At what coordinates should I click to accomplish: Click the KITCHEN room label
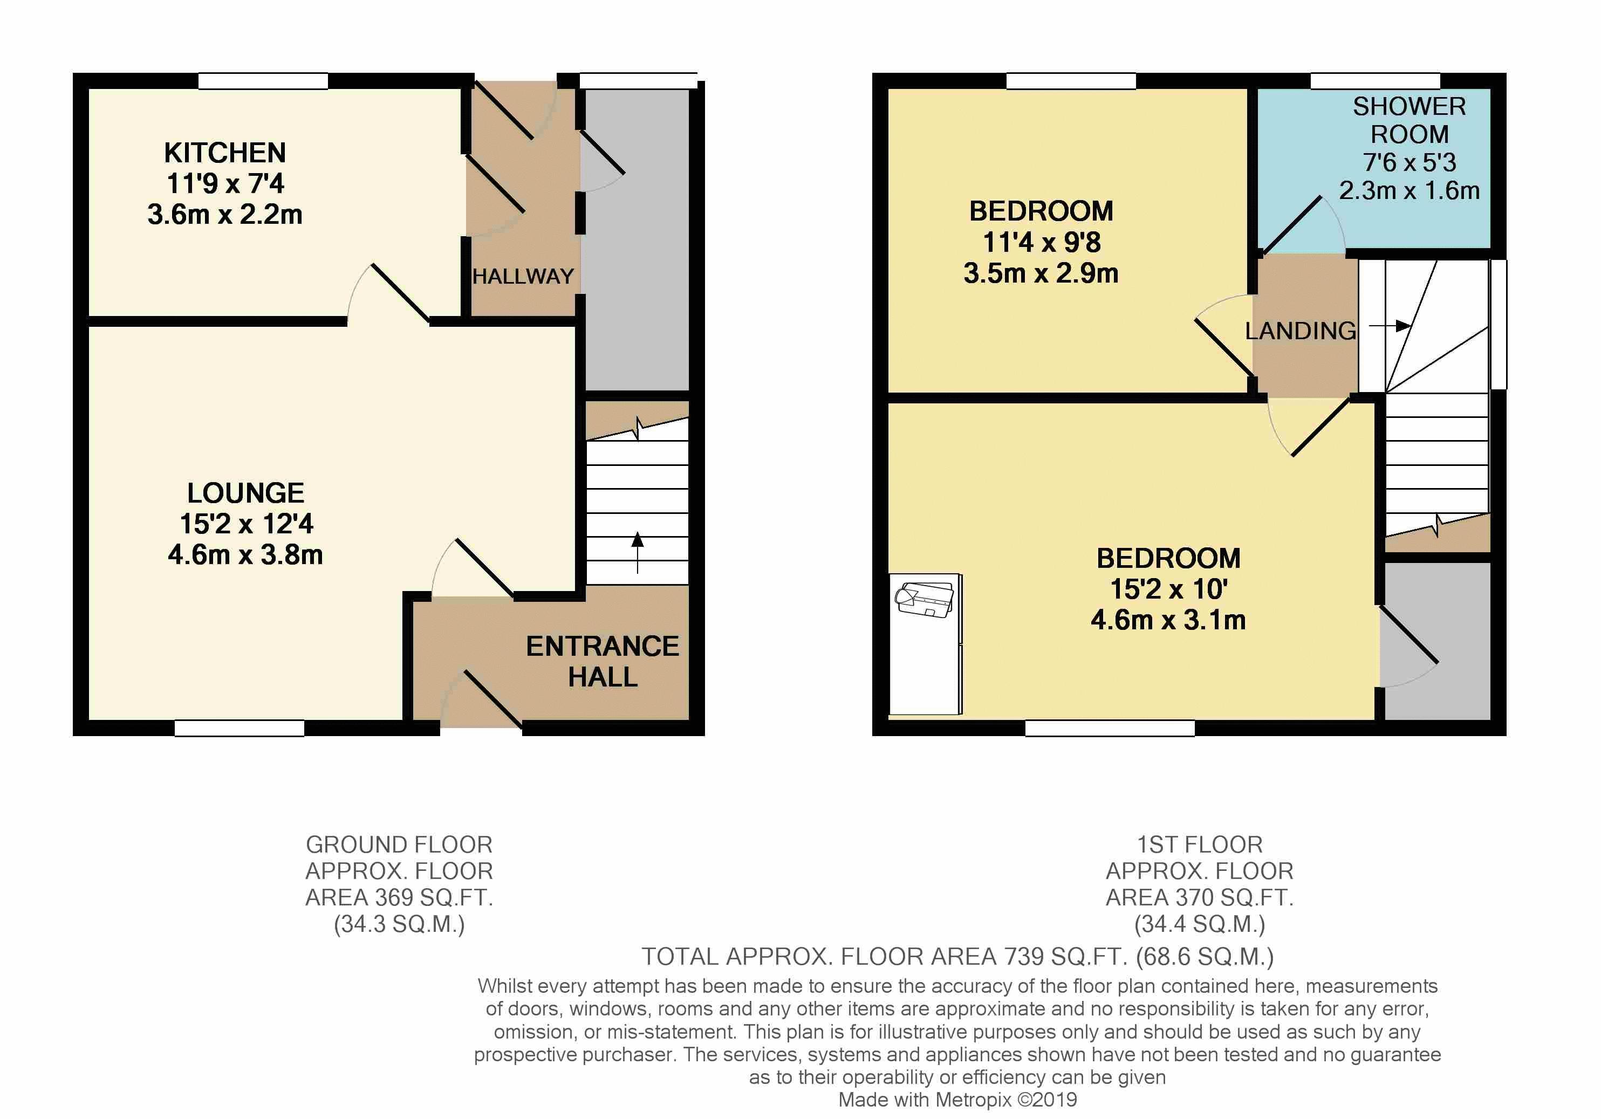(x=224, y=153)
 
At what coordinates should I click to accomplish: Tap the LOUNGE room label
(x=245, y=493)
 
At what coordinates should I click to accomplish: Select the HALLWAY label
(x=523, y=276)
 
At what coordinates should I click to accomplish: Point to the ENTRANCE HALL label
(x=603, y=661)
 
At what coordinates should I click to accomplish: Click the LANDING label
(x=1301, y=331)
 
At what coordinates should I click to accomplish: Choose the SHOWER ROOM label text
(x=1410, y=120)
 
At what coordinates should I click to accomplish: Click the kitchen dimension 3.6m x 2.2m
(x=224, y=214)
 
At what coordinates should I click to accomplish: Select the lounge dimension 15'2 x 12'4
(x=246, y=524)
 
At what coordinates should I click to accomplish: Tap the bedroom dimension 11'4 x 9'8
(x=1041, y=242)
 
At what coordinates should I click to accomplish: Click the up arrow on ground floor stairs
(x=638, y=552)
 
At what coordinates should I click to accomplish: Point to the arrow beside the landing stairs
(x=1390, y=326)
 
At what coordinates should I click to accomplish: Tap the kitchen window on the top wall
(x=263, y=81)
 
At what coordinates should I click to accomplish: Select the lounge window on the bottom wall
(x=239, y=728)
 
